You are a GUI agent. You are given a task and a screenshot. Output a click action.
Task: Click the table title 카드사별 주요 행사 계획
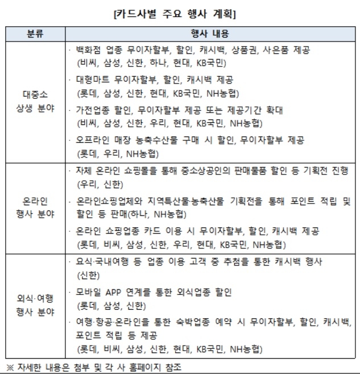180,11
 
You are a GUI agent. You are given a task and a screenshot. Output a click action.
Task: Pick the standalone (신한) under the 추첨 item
88,276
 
